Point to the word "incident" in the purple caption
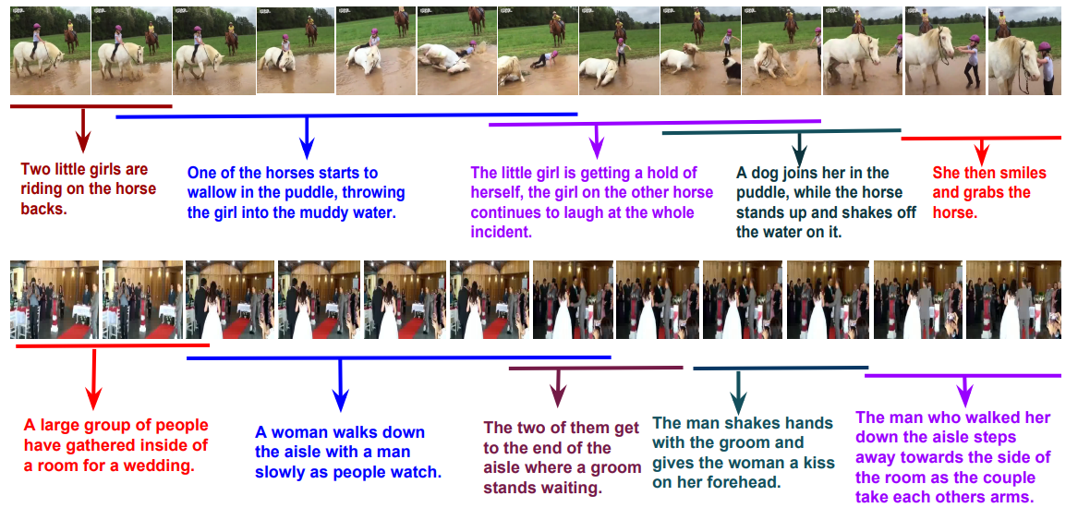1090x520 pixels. click(x=502, y=232)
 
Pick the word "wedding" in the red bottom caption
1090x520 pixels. click(x=162, y=466)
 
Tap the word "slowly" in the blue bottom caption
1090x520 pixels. click(x=281, y=472)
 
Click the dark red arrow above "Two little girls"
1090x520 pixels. click(x=83, y=129)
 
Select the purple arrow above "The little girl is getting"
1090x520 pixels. click(x=596, y=140)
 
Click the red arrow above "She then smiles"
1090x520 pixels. click(x=981, y=149)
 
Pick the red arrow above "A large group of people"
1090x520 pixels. click(x=94, y=378)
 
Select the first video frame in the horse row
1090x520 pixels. click(x=50, y=51)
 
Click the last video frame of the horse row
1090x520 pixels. click(x=1024, y=51)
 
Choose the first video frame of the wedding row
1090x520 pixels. click(x=54, y=299)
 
